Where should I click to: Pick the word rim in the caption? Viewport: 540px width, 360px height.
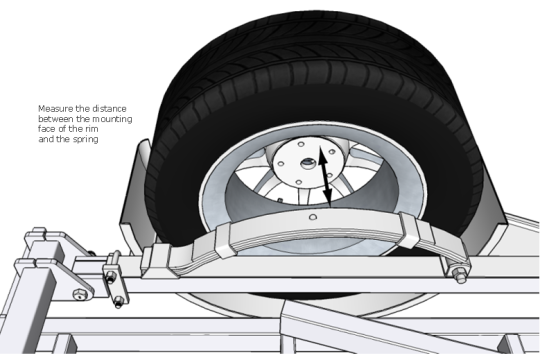[x=92, y=129]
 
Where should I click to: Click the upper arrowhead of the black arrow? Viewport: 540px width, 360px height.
[x=322, y=154]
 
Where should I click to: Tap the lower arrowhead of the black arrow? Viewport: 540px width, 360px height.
[x=328, y=197]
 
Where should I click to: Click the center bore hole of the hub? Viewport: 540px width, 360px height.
[x=307, y=162]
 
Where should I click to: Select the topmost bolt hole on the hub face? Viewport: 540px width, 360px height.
[x=301, y=143]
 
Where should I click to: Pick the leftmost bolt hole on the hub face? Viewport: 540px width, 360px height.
[x=281, y=164]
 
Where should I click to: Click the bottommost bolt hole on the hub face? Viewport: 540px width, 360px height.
[x=299, y=182]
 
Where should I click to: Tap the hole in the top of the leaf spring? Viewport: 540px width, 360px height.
[x=313, y=217]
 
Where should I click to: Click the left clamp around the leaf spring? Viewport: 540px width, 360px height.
[x=225, y=239]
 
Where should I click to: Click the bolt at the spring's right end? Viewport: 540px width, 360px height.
[x=458, y=274]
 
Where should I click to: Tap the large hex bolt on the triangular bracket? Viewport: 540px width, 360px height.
[x=79, y=294]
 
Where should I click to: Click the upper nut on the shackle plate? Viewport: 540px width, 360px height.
[x=111, y=277]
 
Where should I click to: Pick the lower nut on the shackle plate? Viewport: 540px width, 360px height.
[x=118, y=302]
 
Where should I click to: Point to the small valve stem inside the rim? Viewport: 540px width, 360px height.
[x=280, y=200]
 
